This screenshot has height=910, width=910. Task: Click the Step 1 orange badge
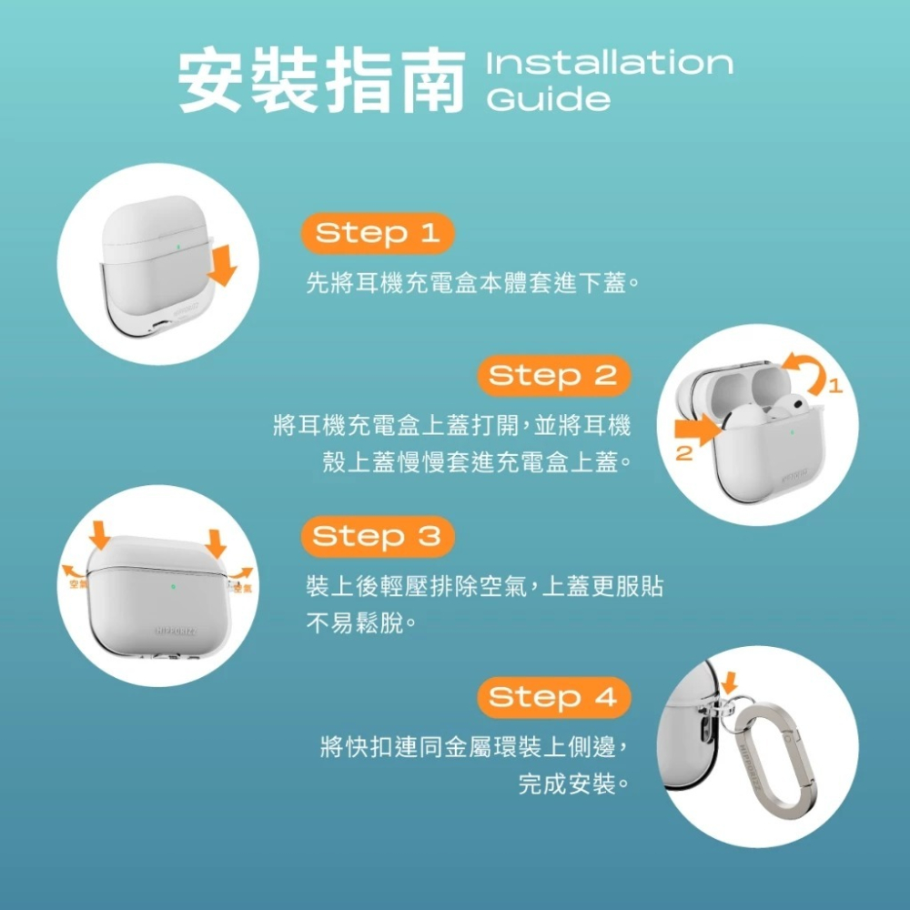coord(377,234)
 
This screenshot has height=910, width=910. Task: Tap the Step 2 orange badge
coord(553,376)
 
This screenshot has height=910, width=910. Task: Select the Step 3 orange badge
coord(377,537)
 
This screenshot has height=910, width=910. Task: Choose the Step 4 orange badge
coord(553,698)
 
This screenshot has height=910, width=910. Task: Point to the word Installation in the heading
coord(610,63)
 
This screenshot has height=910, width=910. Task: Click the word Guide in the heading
coord(549,99)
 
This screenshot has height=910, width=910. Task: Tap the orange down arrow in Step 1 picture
coord(222,263)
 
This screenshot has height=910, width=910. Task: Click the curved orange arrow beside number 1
coord(806,370)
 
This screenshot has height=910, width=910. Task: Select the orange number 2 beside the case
coord(684,451)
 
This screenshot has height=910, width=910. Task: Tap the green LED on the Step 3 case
coord(172,587)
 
